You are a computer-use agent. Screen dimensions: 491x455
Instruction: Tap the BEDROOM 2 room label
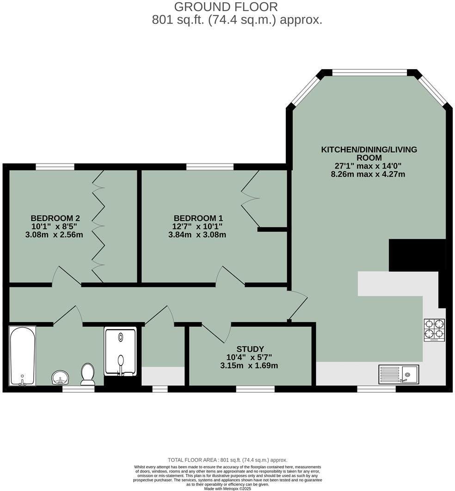[55, 218]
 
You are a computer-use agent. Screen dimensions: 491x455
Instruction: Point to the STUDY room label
[250, 349]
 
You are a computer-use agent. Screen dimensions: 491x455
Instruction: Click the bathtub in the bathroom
[22, 356]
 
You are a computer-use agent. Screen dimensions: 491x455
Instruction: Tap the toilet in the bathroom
[87, 373]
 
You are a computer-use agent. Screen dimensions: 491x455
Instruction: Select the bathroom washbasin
[60, 378]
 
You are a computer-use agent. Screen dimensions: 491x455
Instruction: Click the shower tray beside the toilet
[120, 351]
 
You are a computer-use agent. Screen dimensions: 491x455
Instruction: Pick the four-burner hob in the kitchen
[434, 329]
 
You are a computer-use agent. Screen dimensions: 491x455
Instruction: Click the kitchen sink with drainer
[399, 374]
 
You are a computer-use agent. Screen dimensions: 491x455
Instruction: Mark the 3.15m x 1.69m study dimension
[249, 366]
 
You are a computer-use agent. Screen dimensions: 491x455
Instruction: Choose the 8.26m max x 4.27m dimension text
[369, 174]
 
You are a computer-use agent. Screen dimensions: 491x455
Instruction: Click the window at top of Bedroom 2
[55, 167]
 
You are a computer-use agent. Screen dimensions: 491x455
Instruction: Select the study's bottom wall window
[255, 389]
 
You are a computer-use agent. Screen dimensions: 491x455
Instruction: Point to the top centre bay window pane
[369, 72]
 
